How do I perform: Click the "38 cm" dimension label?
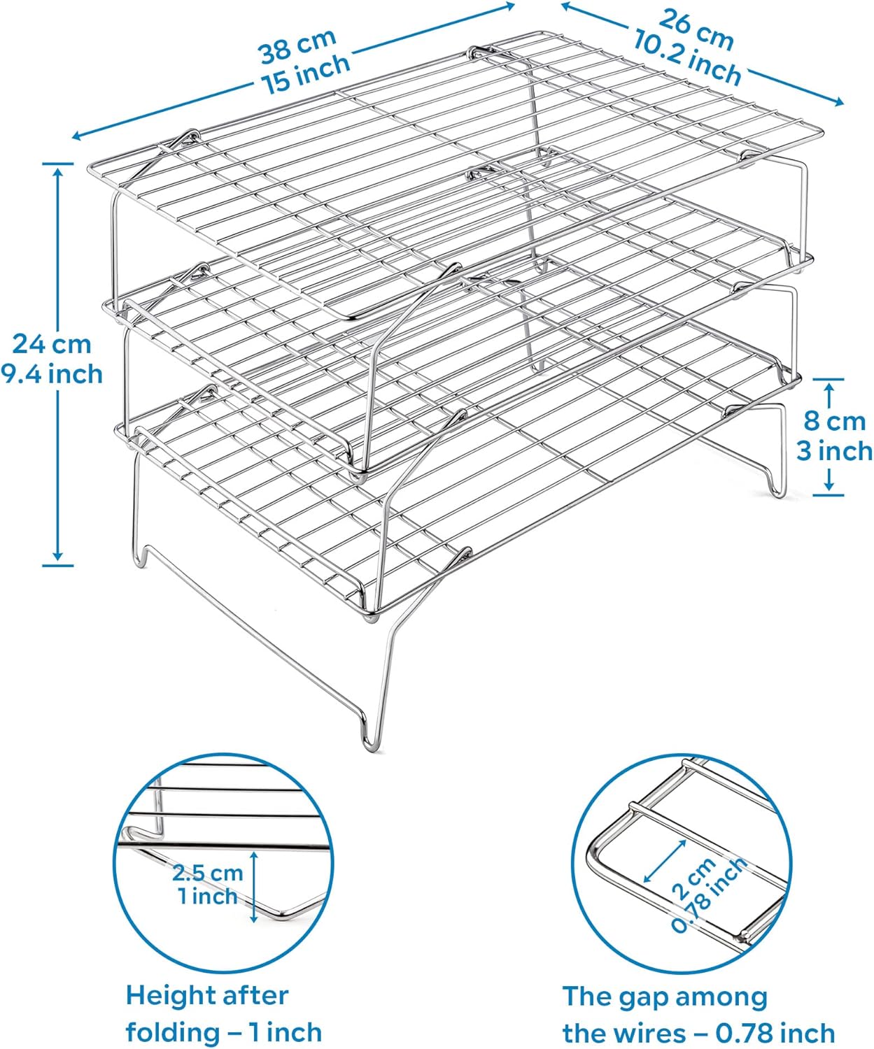click(x=297, y=45)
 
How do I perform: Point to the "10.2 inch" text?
click(x=687, y=59)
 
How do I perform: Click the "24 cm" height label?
click(x=52, y=344)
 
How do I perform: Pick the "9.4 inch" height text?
click(x=52, y=374)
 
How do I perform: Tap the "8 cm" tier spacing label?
click(x=834, y=421)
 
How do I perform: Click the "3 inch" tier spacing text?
click(x=834, y=451)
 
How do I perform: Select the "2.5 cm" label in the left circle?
click(x=208, y=872)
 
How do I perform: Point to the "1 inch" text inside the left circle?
click(x=208, y=896)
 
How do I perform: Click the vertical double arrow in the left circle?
click(x=254, y=885)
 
